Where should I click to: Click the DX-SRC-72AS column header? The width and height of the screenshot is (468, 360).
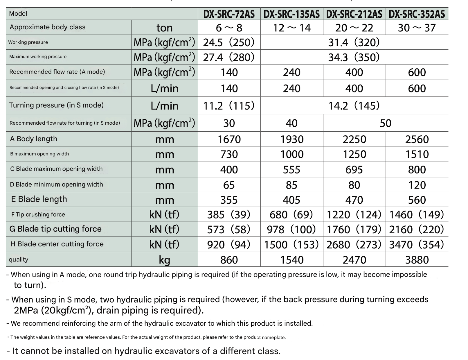pos(229,14)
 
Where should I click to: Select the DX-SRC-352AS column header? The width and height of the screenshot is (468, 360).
pos(417,14)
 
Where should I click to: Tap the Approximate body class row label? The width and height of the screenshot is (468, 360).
pos(47,27)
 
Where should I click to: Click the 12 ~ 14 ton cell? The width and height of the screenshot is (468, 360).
pos(292,28)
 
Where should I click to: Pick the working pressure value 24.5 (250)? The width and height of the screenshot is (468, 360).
pos(229,43)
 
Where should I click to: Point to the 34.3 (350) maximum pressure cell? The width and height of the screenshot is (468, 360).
pos(354,57)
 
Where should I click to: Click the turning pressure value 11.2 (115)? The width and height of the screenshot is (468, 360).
pos(229,106)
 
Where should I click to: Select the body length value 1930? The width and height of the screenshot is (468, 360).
pos(292,139)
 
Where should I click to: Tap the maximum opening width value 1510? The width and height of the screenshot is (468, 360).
pos(417,154)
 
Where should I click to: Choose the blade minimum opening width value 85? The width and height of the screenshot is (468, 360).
pos(291,185)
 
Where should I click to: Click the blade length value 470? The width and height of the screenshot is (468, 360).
pos(354,200)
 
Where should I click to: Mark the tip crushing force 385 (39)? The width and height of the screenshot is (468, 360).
pos(229,215)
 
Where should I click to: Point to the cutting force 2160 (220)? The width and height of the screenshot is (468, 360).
pos(417,230)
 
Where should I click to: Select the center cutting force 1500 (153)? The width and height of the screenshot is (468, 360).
pos(291,245)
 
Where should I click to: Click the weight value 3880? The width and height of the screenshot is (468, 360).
pos(417,260)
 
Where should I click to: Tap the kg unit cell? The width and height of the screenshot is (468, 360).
pos(164,260)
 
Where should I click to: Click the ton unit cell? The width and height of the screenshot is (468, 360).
pos(164,28)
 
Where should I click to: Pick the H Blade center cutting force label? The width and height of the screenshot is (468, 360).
pos(57,244)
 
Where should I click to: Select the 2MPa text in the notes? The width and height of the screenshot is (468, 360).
pos(26,311)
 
